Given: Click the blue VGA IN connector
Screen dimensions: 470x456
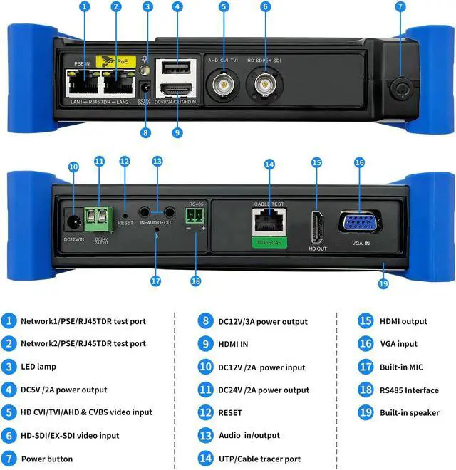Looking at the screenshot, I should tap(361, 222).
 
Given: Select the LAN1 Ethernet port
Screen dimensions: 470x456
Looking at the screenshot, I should tap(84, 85).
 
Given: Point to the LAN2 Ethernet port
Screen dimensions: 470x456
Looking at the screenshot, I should tap(119, 85).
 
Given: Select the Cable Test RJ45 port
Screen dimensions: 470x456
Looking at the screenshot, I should tap(269, 222).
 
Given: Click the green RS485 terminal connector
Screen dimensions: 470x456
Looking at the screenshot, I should tap(195, 217).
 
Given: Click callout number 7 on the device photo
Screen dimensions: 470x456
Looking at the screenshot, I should tap(400, 8).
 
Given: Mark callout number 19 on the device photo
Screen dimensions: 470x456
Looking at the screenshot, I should tap(384, 283).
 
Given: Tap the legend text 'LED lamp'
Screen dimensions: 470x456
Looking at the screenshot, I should tap(39, 367).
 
